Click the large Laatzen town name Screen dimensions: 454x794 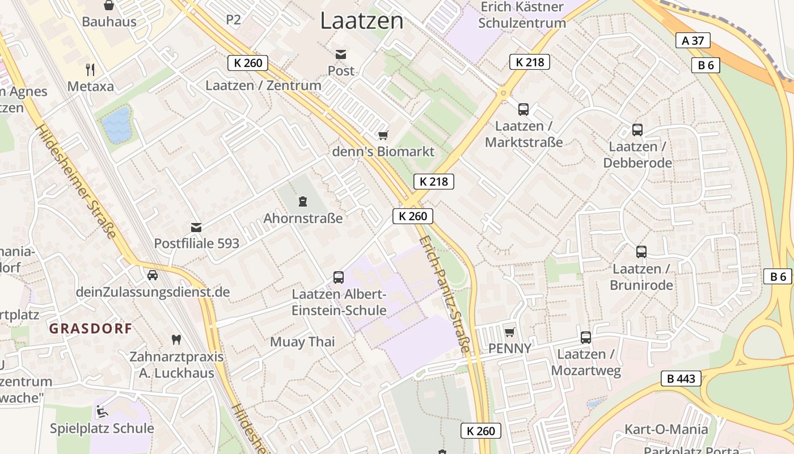pos(362,21)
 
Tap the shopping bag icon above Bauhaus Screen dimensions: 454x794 pos(109,6)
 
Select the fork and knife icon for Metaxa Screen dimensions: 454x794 pos(90,70)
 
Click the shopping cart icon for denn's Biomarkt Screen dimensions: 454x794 pos(383,135)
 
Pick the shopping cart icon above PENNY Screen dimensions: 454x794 pos(510,331)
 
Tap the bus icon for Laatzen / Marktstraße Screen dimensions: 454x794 pos(523,110)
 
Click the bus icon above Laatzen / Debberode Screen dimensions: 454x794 pos(637,130)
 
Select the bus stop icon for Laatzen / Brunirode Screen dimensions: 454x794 pos(641,252)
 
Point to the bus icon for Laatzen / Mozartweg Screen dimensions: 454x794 pos(586,338)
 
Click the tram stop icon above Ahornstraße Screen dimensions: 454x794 pos(303,201)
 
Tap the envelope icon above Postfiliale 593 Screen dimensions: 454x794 pos(196,228)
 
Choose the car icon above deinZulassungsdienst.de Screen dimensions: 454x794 pos(153,275)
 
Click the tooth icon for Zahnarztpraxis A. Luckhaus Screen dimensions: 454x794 pos(176,340)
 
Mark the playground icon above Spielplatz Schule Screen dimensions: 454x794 pos(102,411)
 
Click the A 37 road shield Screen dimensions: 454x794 pos(693,40)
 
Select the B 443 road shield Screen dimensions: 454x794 pos(681,379)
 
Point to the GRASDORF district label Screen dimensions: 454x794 pos(91,328)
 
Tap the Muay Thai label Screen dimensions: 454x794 pos(302,342)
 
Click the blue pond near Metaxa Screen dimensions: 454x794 pos(117,125)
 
